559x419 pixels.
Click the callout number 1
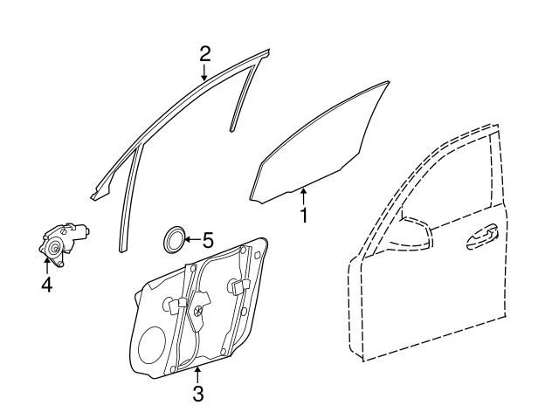click(x=304, y=216)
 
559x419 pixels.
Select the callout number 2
click(x=204, y=54)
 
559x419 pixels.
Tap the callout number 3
click(x=198, y=394)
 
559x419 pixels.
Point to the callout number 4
click(x=46, y=285)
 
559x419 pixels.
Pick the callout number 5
click(x=208, y=240)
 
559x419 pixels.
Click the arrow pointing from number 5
click(x=192, y=239)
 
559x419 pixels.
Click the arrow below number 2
click(x=204, y=72)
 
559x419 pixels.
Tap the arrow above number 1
click(x=303, y=197)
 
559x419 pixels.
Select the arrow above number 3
click(x=197, y=375)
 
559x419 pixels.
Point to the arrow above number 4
click(x=46, y=266)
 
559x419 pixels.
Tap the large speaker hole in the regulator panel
click(x=152, y=345)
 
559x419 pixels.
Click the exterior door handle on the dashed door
click(x=482, y=237)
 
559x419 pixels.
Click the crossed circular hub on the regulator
click(x=198, y=311)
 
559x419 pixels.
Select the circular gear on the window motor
click(x=54, y=249)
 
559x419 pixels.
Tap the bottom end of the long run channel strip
click(x=121, y=251)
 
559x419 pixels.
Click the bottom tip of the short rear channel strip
click(x=232, y=130)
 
